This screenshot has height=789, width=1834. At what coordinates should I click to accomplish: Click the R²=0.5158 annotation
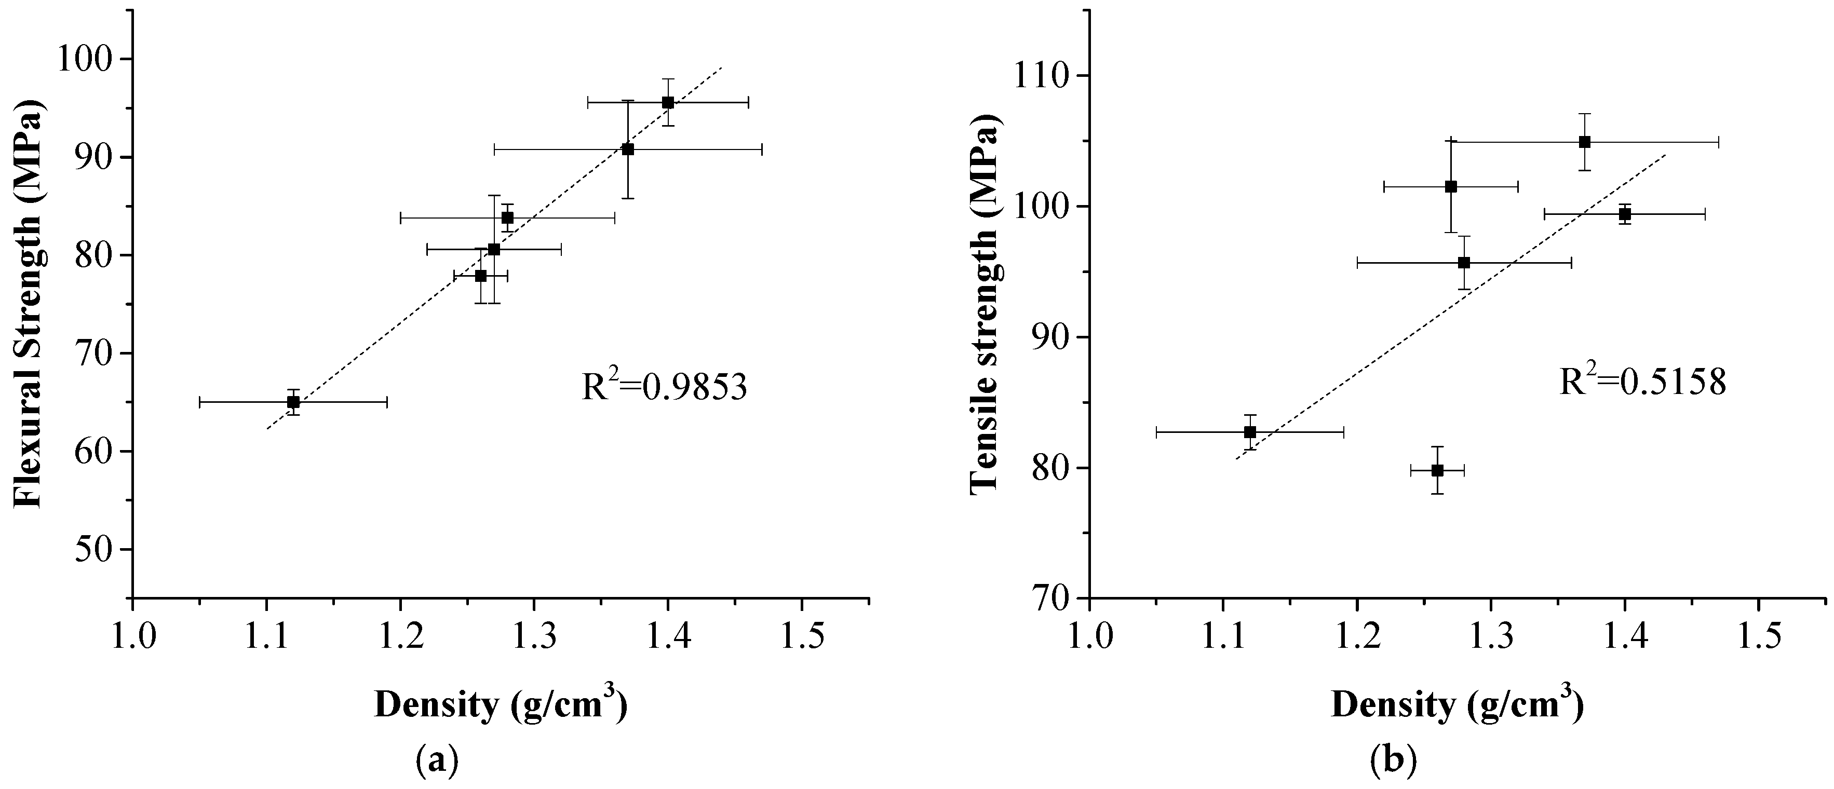[1642, 383]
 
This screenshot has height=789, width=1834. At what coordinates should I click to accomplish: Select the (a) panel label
[435, 761]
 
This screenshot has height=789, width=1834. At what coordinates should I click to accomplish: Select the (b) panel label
[1393, 761]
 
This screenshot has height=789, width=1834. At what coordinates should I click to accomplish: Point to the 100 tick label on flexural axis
[89, 59]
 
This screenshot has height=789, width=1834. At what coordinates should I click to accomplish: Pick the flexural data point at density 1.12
[293, 402]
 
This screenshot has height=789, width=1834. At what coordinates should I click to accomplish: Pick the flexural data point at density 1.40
[668, 102]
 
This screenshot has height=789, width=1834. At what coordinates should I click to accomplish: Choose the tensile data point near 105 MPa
[1585, 142]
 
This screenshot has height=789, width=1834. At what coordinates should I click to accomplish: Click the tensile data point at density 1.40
[1625, 214]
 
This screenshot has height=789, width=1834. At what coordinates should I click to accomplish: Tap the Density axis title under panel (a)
[501, 706]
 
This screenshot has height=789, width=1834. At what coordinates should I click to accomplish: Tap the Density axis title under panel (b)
[1458, 706]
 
